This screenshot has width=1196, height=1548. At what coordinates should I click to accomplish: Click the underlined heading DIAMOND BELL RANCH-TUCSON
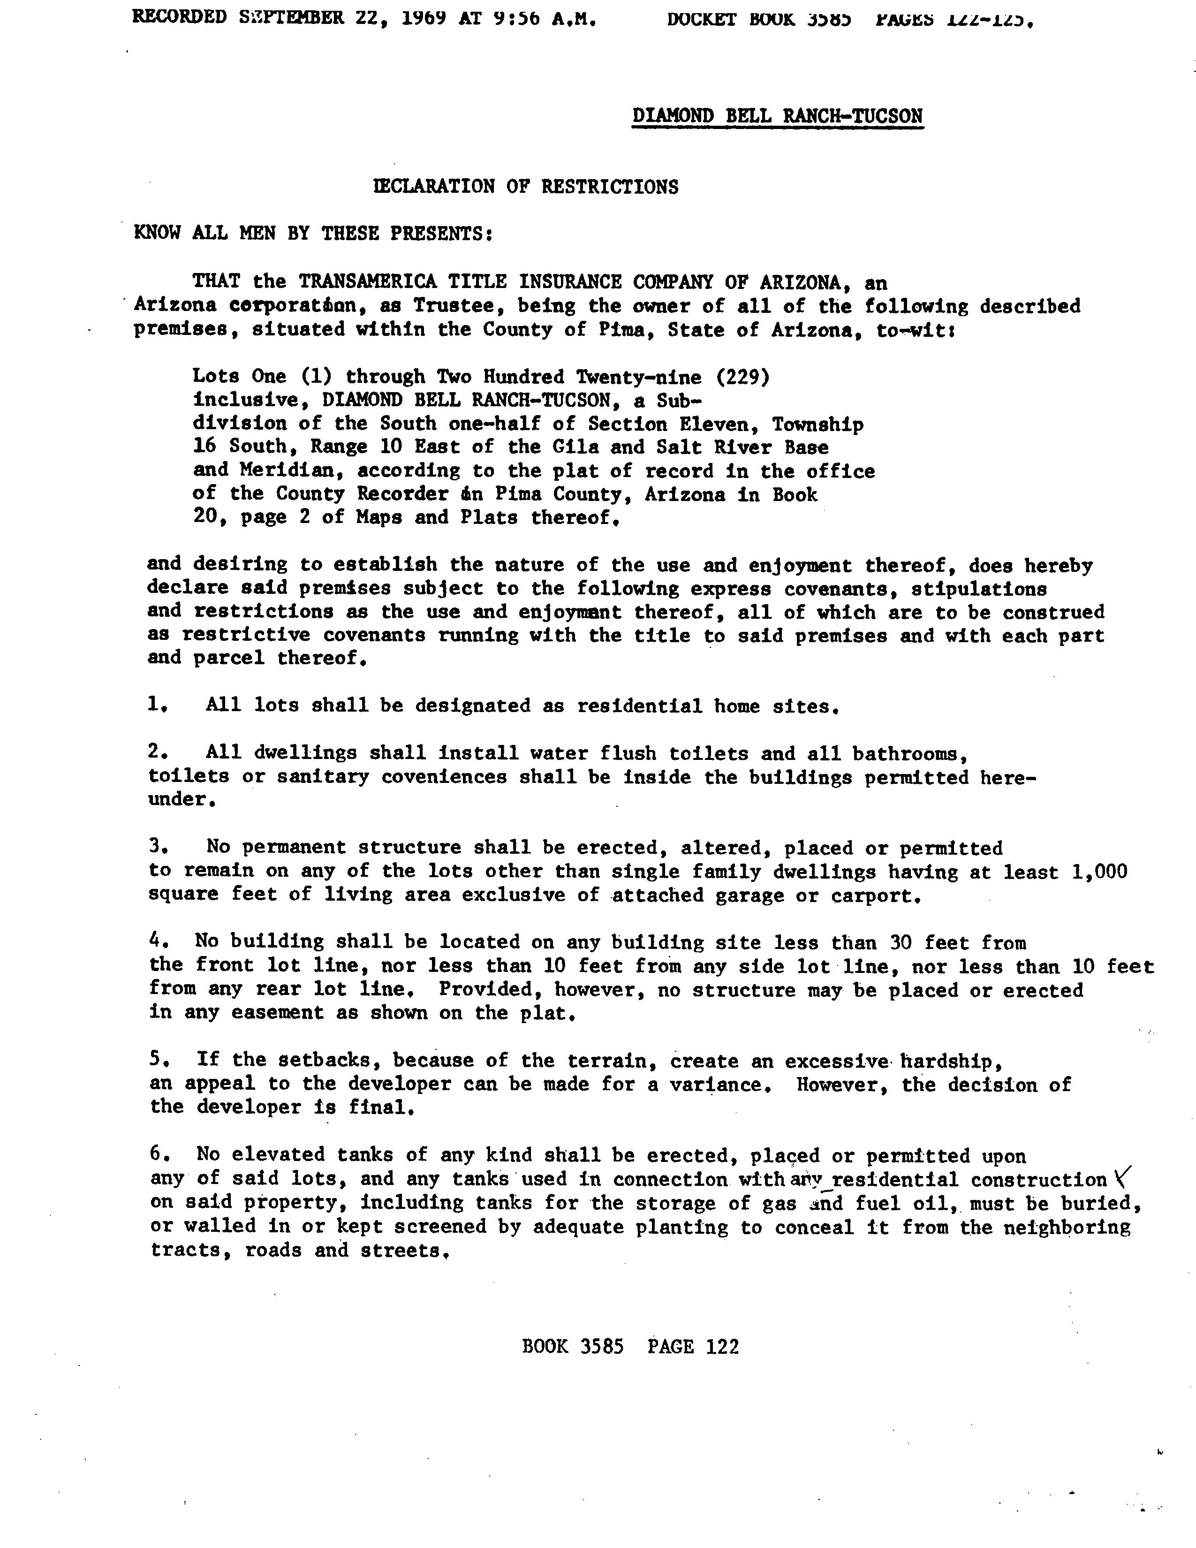pyautogui.click(x=777, y=115)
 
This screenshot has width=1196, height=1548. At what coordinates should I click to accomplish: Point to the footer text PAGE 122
pyautogui.click(x=693, y=1346)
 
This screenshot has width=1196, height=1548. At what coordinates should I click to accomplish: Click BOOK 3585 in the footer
pyautogui.click(x=573, y=1346)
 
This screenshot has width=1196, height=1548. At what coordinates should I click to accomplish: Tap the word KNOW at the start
pyautogui.click(x=157, y=233)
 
